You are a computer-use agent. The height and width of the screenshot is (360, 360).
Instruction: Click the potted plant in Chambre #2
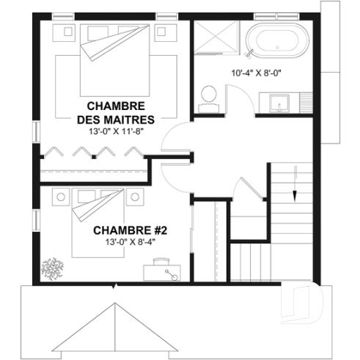54,265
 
